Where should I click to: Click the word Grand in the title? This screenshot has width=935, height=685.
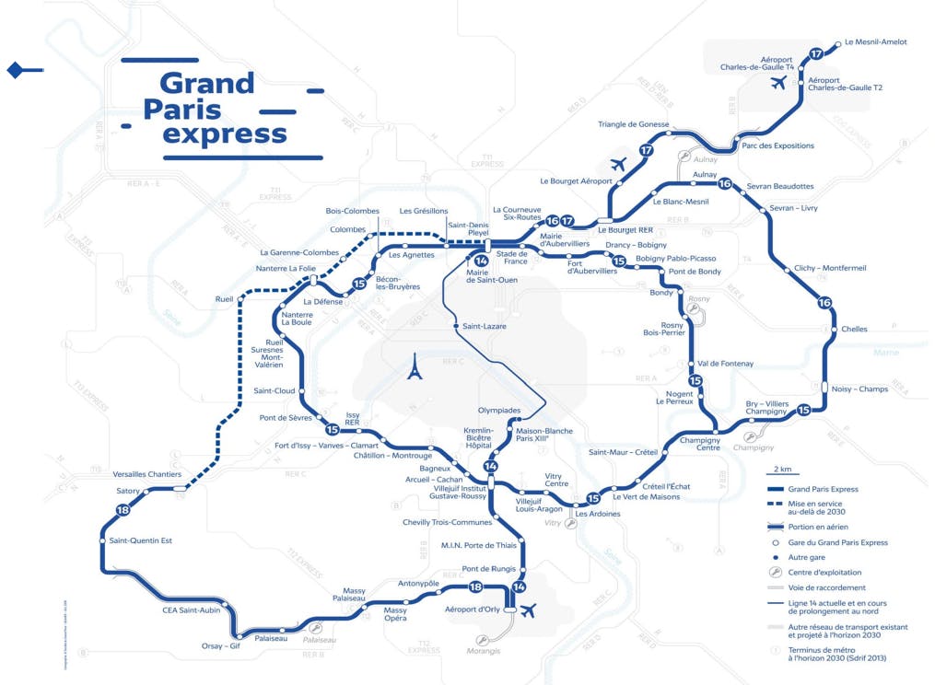[x=206, y=84]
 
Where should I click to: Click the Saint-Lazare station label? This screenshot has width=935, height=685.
[x=484, y=326]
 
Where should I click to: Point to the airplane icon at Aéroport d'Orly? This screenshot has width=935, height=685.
[x=529, y=610]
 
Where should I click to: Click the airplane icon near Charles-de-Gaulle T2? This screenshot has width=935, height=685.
[x=779, y=84]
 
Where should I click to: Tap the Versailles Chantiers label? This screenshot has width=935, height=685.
[x=146, y=474]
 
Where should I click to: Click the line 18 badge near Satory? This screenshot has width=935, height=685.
[x=123, y=511]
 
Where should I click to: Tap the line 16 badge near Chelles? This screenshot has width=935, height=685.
[x=824, y=303]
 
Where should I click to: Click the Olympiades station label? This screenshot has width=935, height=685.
[x=499, y=410]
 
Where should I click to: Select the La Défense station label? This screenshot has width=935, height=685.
[x=322, y=301]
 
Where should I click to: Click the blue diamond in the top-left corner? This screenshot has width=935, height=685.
[x=14, y=70]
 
